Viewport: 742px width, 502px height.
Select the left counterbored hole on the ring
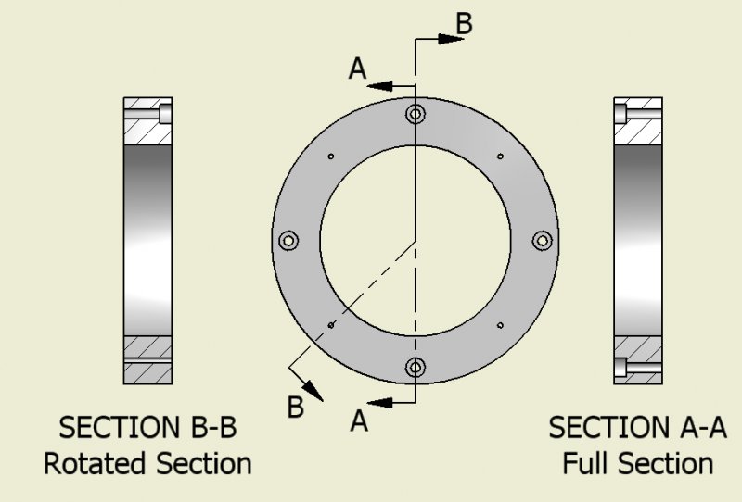coord(289,241)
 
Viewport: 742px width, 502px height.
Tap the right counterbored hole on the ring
coord(542,241)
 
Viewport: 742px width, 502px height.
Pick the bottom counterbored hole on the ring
coord(416,367)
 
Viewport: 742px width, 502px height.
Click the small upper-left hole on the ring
coord(331,156)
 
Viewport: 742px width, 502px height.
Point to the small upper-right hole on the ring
coord(500,156)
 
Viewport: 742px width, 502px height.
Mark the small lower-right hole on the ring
coord(500,325)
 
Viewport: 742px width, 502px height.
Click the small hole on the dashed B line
coord(331,325)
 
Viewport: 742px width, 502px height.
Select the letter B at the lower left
coord(295,407)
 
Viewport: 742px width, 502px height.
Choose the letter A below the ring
coord(359,421)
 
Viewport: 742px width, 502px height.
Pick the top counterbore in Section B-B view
coord(165,114)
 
